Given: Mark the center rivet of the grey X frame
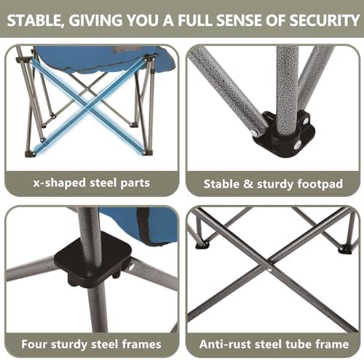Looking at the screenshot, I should point(270,268).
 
